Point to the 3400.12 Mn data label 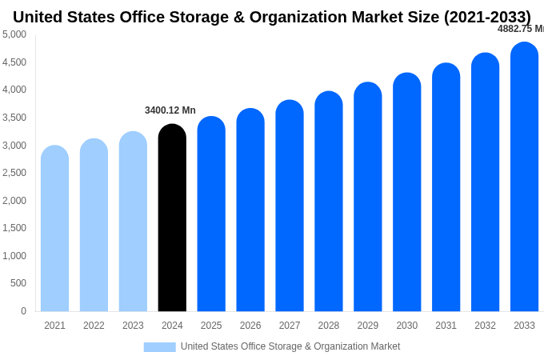[170, 110]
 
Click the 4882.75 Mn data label [520, 29]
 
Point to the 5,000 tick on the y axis [14, 34]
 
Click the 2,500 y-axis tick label [14, 173]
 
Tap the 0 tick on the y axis [23, 311]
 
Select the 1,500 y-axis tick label [14, 228]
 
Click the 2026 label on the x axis [250, 326]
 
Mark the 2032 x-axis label [485, 326]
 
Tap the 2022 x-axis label [94, 326]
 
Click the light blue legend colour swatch [159, 346]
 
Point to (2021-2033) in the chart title [487, 17]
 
